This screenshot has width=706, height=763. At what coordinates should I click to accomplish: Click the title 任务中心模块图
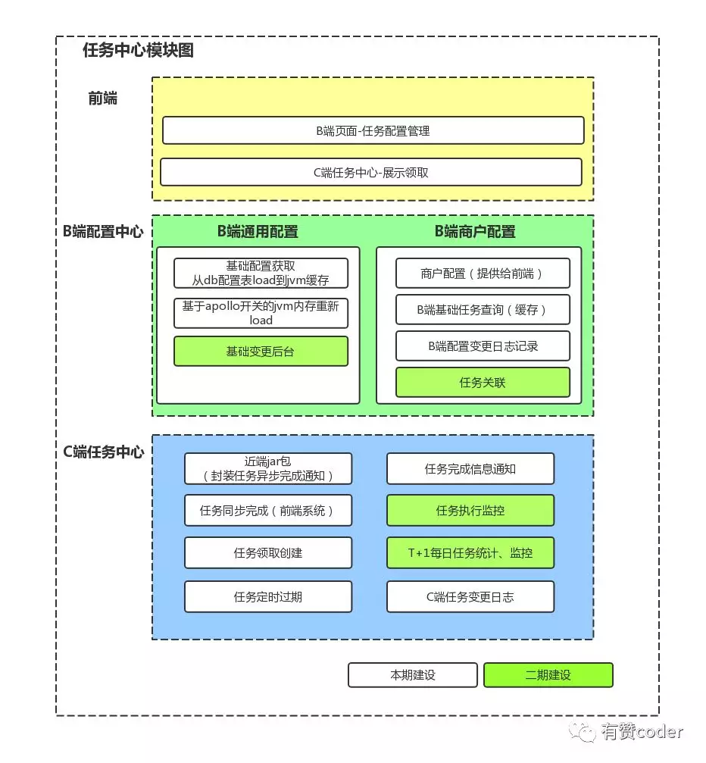coord(138,51)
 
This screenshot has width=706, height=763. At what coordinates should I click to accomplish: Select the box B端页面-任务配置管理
coord(373,130)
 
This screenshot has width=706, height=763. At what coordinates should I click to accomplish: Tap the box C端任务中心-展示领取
coord(370,172)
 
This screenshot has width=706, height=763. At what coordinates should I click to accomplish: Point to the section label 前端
coord(103,98)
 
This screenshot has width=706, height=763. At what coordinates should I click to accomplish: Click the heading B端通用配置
coord(258,232)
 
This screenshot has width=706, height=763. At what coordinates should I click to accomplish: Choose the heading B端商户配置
coord(475,232)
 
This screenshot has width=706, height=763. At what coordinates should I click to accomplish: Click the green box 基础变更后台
coord(261,352)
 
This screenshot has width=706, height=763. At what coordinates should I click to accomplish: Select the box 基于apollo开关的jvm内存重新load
coord(261,313)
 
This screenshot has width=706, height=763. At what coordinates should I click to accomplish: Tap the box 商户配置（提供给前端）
coord(483,274)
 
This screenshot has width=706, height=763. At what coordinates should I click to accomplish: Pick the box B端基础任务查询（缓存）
coord(483,310)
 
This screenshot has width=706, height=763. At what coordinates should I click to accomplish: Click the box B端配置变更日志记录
coord(483,346)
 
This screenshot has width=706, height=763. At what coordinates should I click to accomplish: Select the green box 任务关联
coord(483,383)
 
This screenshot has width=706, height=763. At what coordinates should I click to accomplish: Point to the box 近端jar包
coord(268,469)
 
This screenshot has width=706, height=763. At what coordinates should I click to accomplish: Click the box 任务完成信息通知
coord(470,469)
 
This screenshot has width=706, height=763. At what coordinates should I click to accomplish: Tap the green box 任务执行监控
coord(470,511)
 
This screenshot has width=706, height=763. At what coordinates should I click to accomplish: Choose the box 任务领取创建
coord(268,553)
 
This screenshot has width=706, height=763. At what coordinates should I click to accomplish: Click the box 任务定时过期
coord(268,597)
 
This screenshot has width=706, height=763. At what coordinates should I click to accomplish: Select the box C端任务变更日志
coord(470,597)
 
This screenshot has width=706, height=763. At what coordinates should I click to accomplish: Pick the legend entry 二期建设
coord(548,675)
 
